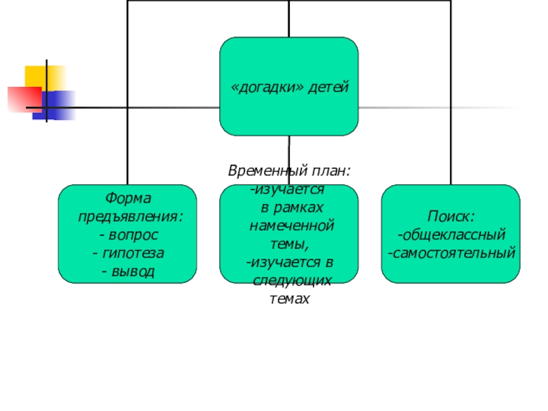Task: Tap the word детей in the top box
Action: pyautogui.click(x=329, y=88)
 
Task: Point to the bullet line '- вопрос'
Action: pyautogui.click(x=128, y=236)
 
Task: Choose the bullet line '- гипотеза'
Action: pyautogui.click(x=128, y=254)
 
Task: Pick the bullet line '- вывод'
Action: pyautogui.click(x=128, y=273)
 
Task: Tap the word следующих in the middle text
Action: pyautogui.click(x=292, y=281)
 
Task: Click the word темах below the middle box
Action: pyautogui.click(x=290, y=299)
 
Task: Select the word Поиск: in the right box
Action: pyautogui.click(x=451, y=217)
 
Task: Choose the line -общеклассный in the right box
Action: pyautogui.click(x=451, y=236)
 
